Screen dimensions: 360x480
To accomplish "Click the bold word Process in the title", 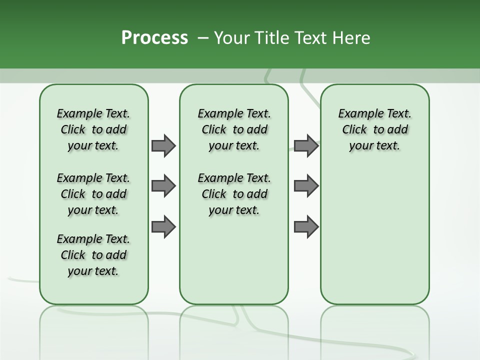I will [x=154, y=38].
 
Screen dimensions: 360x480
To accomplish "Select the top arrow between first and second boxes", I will [x=163, y=145].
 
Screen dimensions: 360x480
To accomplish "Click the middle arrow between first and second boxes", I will [x=163, y=186].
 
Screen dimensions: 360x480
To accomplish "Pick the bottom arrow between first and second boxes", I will [x=163, y=226].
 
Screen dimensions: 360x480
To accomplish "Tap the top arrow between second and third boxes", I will [x=306, y=145].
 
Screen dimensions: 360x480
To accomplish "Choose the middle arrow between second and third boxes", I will [x=306, y=186].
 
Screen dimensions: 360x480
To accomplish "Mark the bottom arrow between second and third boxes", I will [x=306, y=226].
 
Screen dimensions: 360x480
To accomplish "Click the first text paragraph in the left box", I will [x=93, y=129].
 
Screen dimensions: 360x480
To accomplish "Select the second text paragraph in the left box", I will [x=93, y=194].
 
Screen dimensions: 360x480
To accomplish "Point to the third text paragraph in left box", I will [x=93, y=255].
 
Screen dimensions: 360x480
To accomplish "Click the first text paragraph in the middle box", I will [x=234, y=129].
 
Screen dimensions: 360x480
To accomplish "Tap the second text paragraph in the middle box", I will [x=234, y=194].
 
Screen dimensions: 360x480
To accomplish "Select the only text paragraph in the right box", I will [x=374, y=129].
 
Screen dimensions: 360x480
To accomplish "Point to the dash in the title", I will [x=203, y=38].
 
